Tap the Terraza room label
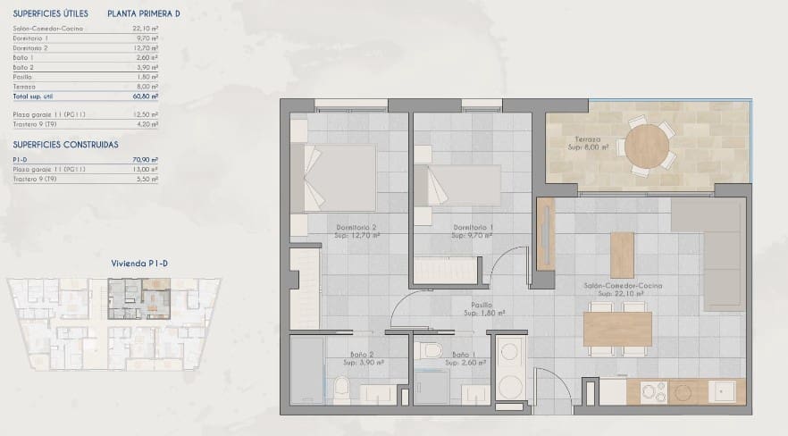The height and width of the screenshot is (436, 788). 587,140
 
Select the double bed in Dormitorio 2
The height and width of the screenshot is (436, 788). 340,177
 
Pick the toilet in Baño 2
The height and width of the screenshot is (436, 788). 341,389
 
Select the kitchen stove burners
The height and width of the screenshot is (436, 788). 656,390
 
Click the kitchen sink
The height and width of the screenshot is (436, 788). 722,390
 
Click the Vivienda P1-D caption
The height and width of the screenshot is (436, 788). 139,264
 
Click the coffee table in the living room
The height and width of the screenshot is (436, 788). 622,255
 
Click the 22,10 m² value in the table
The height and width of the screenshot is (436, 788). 148,29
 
